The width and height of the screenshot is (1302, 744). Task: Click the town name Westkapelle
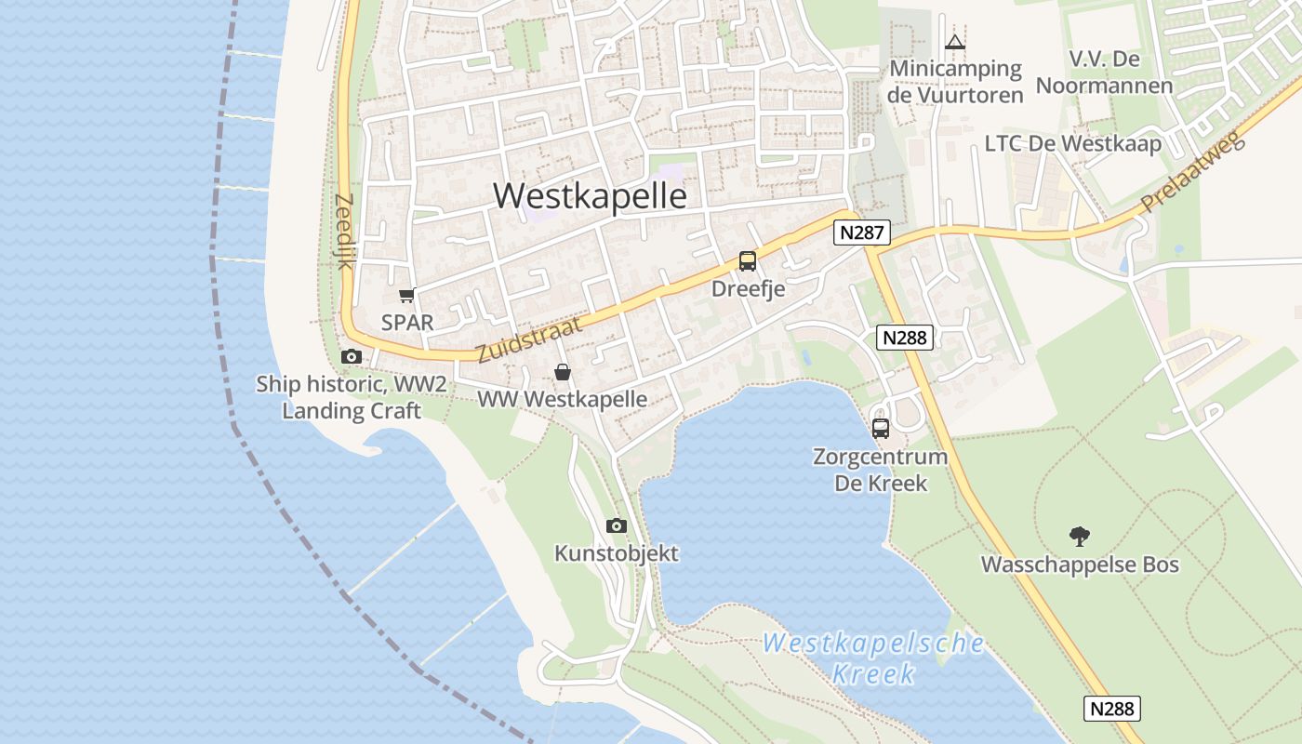tap(590, 196)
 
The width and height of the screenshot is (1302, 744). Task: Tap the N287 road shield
tap(861, 232)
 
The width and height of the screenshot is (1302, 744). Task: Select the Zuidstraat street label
tap(528, 339)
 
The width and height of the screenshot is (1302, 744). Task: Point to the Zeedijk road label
tap(345, 232)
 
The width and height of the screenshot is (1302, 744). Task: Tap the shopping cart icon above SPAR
tap(406, 296)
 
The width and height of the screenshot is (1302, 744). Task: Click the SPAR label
tap(407, 323)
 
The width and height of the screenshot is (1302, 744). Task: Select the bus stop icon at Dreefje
tap(748, 261)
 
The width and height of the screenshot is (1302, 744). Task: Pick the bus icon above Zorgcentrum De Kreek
tap(880, 429)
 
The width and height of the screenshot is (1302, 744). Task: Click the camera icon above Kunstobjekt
tap(616, 526)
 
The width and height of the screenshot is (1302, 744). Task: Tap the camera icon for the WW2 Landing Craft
tap(351, 356)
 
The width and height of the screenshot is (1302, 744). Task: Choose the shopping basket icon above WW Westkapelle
tap(563, 373)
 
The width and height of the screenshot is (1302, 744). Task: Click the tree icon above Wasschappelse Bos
tap(1079, 537)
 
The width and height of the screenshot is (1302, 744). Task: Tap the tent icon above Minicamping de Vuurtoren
tap(955, 42)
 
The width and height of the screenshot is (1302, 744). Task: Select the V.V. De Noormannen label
tap(1104, 73)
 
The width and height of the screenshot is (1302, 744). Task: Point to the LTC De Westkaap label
tap(1073, 144)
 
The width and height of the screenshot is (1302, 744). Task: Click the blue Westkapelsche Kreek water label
tap(873, 658)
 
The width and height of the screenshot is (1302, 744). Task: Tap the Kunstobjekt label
tap(617, 553)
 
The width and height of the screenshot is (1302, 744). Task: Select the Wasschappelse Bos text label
tap(1080, 565)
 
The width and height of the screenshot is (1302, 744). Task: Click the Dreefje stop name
tap(748, 289)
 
